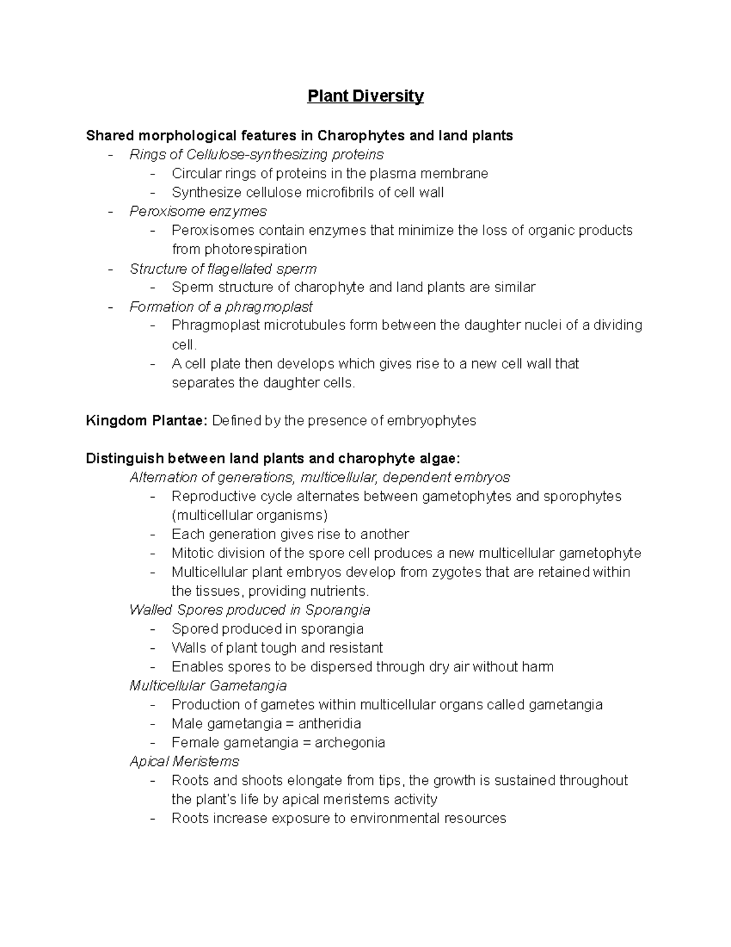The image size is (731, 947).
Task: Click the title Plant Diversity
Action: pyautogui.click(x=365, y=96)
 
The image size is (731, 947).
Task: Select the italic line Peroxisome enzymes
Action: pyautogui.click(x=198, y=212)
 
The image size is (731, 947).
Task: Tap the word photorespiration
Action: pyautogui.click(x=239, y=249)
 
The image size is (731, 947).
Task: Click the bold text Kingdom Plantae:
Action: pyautogui.click(x=147, y=421)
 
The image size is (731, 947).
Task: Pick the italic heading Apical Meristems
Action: pyautogui.click(x=184, y=762)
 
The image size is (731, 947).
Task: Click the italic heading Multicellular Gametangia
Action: pyautogui.click(x=208, y=686)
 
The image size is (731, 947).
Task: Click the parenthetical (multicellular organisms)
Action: pyautogui.click(x=250, y=515)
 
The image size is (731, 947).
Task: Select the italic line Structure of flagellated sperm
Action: pyautogui.click(x=223, y=269)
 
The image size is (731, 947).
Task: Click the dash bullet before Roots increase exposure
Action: pyautogui.click(x=153, y=818)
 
